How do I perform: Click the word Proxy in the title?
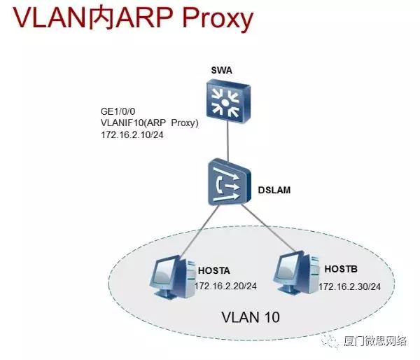pyautogui.click(x=218, y=19)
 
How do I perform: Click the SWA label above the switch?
pyautogui.click(x=221, y=71)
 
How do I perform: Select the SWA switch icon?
pyautogui.click(x=228, y=102)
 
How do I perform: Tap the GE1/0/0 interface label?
pyautogui.click(x=118, y=111)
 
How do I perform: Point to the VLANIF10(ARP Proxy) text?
pyautogui.click(x=150, y=123)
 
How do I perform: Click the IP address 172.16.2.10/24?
pyautogui.click(x=132, y=134)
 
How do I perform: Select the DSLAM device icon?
pyautogui.click(x=230, y=182)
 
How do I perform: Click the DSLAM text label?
pyautogui.click(x=274, y=190)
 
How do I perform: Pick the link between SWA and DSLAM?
pyautogui.click(x=227, y=141)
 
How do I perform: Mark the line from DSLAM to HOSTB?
pyautogui.click(x=269, y=228)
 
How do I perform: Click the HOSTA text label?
pyautogui.click(x=214, y=271)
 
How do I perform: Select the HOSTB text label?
pyautogui.click(x=341, y=269)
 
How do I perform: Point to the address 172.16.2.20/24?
pyautogui.click(x=225, y=286)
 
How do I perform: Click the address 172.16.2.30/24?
pyautogui.click(x=349, y=286)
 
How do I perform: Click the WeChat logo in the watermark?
pyautogui.click(x=330, y=340)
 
